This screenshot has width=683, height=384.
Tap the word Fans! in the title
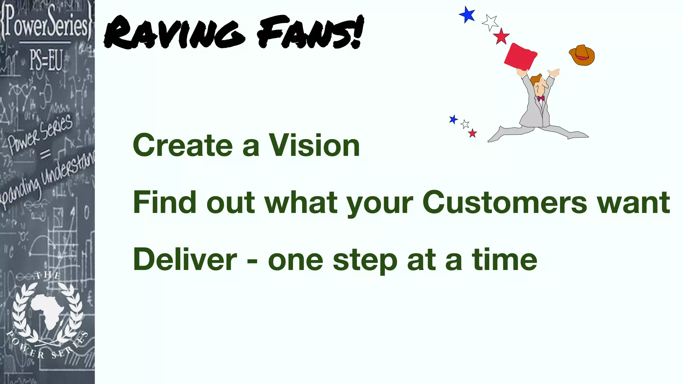[x=310, y=33]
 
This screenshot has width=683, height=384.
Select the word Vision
[x=314, y=145]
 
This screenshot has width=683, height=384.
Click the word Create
[x=183, y=145]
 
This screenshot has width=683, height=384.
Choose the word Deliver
[x=185, y=260]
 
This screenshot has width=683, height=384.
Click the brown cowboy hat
[x=582, y=55]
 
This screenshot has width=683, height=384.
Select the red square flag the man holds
[x=520, y=57]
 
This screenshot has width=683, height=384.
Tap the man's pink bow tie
[x=541, y=98]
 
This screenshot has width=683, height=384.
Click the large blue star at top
[x=468, y=15]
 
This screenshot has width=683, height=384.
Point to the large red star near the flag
[x=501, y=36]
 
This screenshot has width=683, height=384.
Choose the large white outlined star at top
[x=490, y=22]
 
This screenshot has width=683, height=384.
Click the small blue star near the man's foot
[x=453, y=119]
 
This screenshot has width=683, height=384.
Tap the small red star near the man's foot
[x=473, y=133]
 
